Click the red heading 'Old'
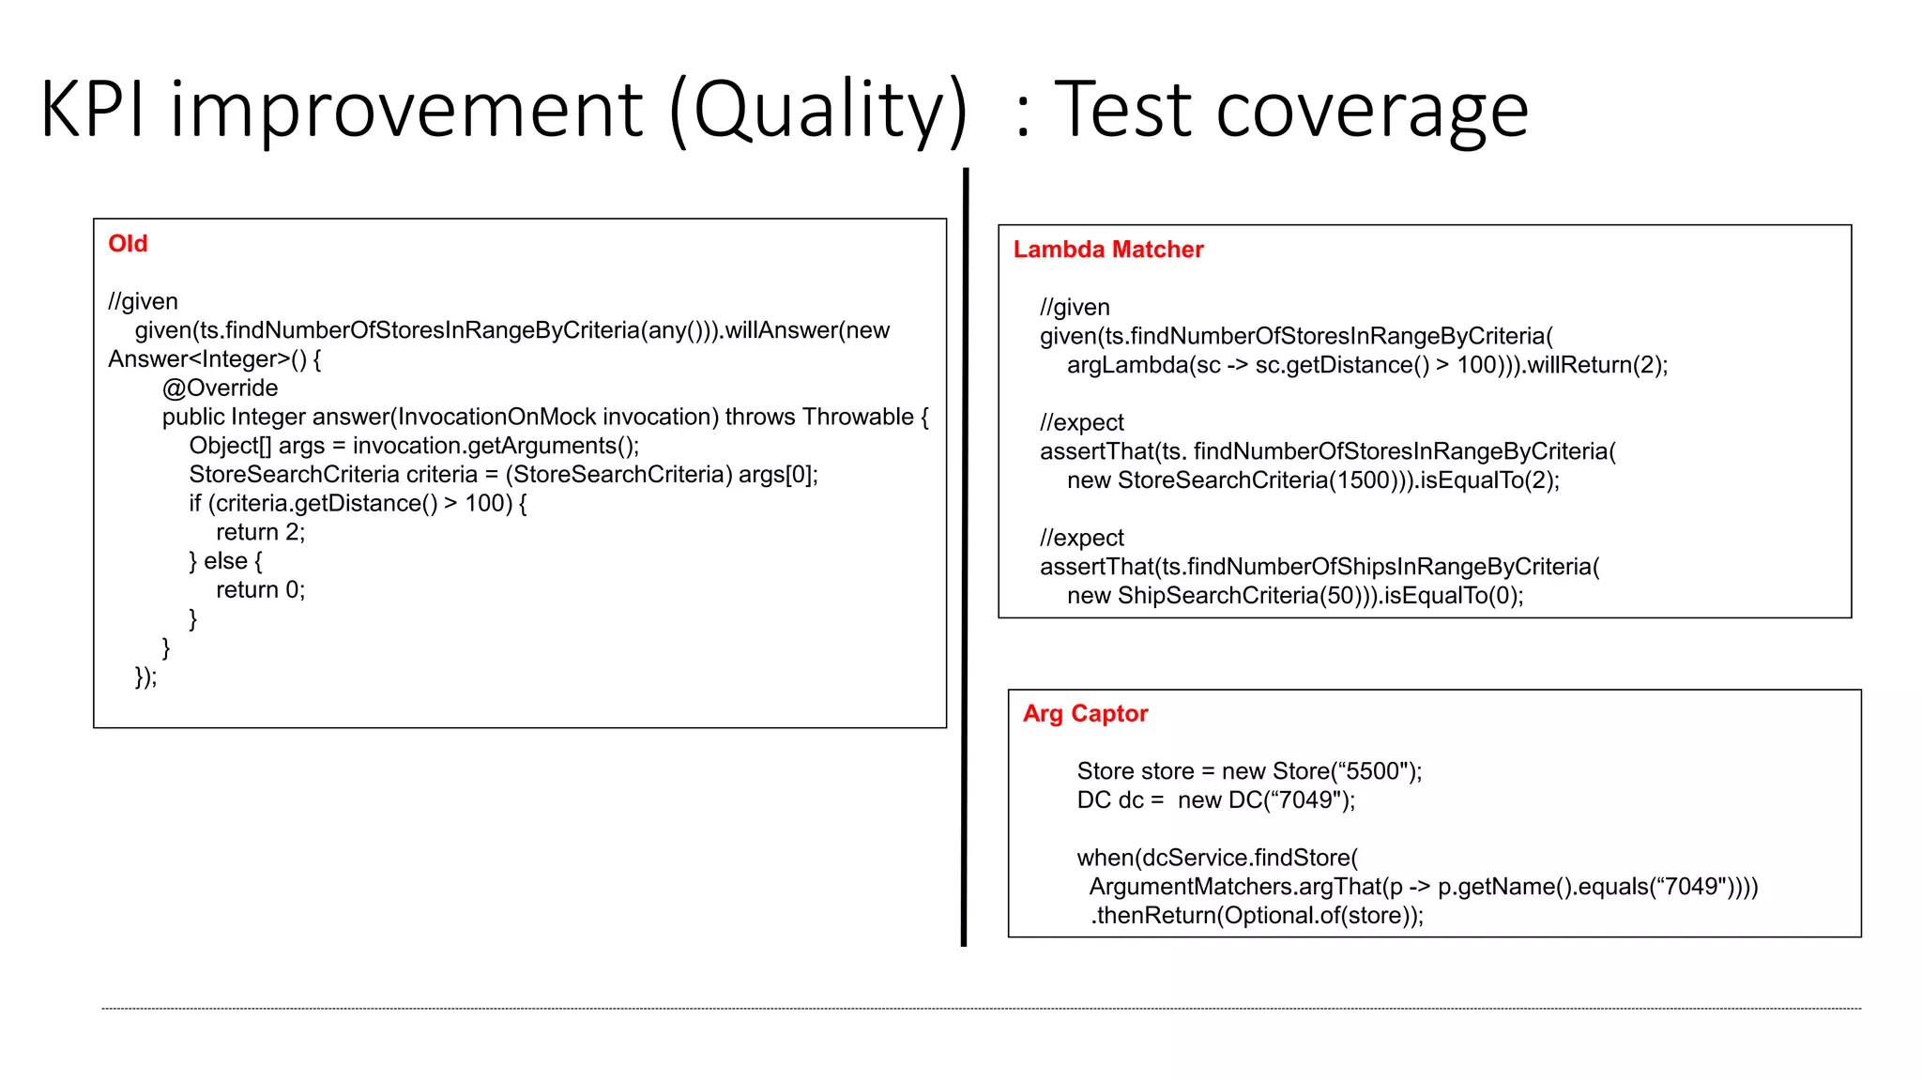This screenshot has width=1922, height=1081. coord(128,244)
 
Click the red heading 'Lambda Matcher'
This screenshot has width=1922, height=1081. coord(1107,250)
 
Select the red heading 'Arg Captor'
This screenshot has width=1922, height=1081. coord(1085,714)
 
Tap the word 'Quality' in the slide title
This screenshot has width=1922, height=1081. coord(818,111)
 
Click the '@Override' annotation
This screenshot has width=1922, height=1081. coord(220,388)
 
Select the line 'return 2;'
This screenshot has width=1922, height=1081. coord(260,533)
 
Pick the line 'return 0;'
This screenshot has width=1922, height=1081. coord(260,590)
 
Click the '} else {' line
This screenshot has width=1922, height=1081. coord(225,561)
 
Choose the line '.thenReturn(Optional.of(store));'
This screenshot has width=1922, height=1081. coord(1256,916)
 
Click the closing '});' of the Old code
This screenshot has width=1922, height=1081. coord(145,677)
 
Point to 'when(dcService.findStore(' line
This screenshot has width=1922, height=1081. coord(1216,858)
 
